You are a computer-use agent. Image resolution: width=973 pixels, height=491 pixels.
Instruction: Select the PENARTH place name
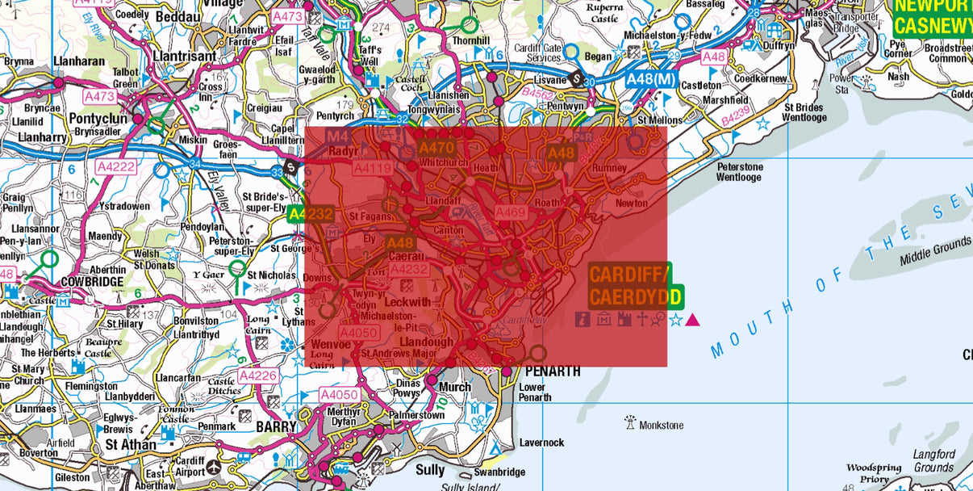552,371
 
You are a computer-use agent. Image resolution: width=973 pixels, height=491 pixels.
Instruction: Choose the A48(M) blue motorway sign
650,78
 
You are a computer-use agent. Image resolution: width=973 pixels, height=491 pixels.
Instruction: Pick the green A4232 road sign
310,214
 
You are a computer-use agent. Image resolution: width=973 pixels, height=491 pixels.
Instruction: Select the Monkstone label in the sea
661,425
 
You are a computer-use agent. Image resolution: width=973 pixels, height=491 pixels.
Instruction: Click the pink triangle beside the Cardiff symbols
692,321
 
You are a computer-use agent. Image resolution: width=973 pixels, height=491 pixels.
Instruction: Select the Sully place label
430,469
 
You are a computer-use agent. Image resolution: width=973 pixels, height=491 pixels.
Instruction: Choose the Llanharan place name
80,61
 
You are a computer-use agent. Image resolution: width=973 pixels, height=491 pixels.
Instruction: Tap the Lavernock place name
541,443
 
